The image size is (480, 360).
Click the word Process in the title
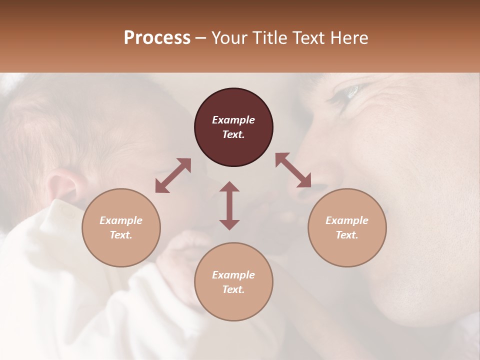pos(157,38)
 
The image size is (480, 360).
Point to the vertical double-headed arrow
pos(229,205)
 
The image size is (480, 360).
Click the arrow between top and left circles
pos(173,175)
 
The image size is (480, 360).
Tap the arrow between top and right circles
pos(293,170)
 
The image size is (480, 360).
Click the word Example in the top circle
pos(233,120)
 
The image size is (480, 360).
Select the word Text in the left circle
pos(121,235)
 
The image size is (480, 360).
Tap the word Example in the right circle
pos(347,220)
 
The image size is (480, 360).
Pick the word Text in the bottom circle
pos(233,289)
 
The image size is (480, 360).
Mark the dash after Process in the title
pos(201,38)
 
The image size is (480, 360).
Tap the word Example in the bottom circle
pos(233,275)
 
